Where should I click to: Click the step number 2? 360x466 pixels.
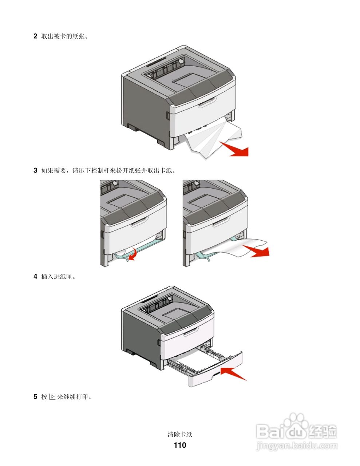click(x=35, y=36)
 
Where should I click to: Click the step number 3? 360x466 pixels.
click(x=35, y=170)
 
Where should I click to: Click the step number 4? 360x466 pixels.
click(x=35, y=276)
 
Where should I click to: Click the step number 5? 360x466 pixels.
click(x=35, y=396)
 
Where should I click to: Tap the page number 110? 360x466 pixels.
click(x=180, y=445)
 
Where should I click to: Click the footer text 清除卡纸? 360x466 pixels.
click(x=180, y=434)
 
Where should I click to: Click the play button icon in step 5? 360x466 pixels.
click(x=52, y=396)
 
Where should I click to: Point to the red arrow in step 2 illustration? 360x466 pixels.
click(x=237, y=149)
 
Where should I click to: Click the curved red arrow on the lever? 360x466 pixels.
click(x=132, y=253)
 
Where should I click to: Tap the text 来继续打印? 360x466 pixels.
click(x=74, y=396)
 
